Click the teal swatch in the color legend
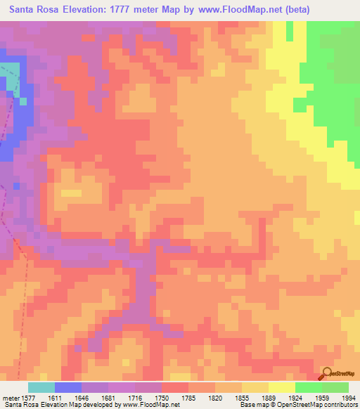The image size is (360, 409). coord(41,387)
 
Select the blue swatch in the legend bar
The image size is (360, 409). coord(67,387)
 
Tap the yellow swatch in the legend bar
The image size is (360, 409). coord(281,387)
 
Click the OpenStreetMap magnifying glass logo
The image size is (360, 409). coord(326,374)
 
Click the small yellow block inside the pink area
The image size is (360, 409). coord(71,192)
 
